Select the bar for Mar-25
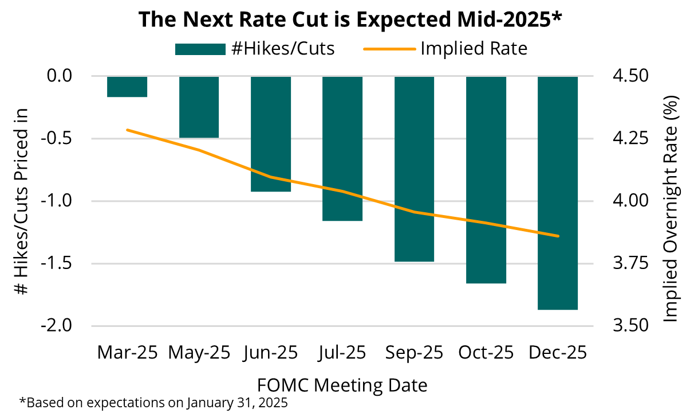[x=127, y=87]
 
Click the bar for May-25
[x=199, y=107]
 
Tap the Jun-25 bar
[x=271, y=134]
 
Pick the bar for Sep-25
[x=414, y=169]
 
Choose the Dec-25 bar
[x=557, y=193]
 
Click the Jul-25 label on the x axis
[x=342, y=352]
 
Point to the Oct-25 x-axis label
[x=486, y=352]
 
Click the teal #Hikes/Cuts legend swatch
[x=200, y=49]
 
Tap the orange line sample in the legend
[x=389, y=49]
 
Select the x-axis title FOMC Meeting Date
[x=342, y=384]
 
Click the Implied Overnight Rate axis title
[x=671, y=209]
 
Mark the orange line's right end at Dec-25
[x=558, y=236]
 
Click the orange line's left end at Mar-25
[x=127, y=130]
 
